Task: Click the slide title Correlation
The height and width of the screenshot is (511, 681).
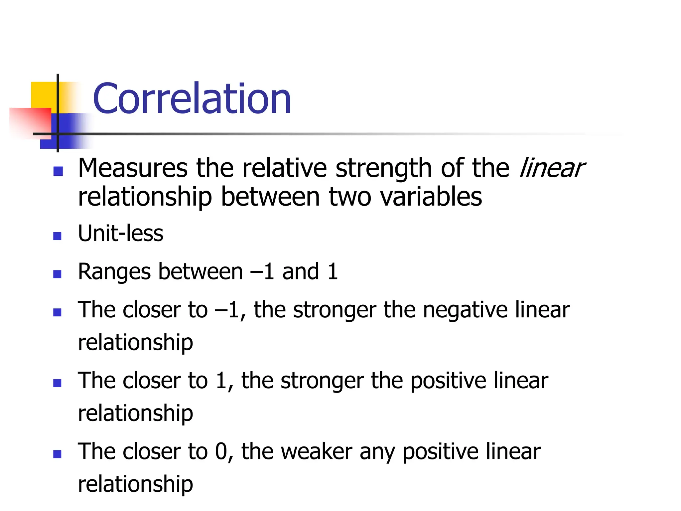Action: (x=192, y=99)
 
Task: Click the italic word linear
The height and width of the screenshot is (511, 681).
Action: (x=552, y=168)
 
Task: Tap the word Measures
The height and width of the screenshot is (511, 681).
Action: (x=133, y=168)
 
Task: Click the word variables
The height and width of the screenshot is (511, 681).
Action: (x=431, y=197)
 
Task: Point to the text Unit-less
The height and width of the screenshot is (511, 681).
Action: (x=120, y=233)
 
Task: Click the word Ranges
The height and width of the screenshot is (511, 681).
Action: (x=114, y=272)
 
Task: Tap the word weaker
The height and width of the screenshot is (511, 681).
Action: (x=317, y=452)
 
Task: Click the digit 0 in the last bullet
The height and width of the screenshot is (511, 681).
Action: (x=221, y=452)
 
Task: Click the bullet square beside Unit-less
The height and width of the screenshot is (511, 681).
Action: (x=58, y=236)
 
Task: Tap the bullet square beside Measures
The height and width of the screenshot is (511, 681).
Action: (x=58, y=171)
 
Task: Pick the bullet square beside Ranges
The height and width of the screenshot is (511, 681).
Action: (x=58, y=274)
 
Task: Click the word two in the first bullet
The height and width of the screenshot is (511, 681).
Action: (x=350, y=197)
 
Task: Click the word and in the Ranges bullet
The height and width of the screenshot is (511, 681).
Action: (x=301, y=271)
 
